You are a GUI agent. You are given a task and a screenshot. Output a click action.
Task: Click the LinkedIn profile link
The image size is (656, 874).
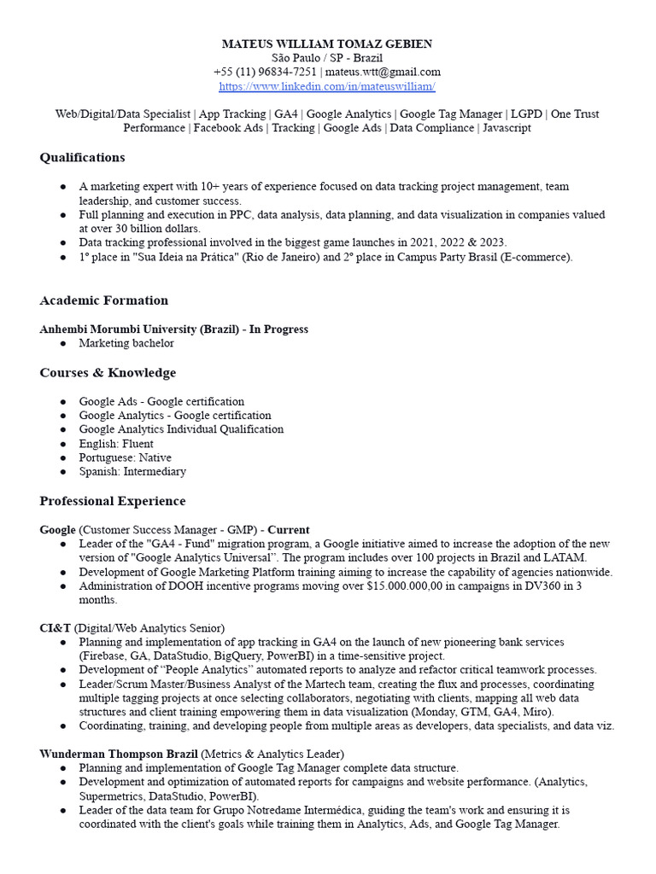tap(327, 86)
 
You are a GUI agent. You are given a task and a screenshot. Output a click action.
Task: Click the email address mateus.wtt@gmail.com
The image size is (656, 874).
tap(384, 72)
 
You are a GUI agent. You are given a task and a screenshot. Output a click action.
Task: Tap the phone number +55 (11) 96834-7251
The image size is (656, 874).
tap(265, 72)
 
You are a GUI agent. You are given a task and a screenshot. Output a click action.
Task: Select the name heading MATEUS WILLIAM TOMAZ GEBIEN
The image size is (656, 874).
tap(327, 44)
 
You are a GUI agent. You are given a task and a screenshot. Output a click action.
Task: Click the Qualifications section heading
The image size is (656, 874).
tap(82, 157)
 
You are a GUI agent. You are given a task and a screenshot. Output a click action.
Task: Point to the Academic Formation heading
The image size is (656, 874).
tap(103, 300)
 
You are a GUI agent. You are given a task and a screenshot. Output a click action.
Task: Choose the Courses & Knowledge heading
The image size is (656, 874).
tap(108, 373)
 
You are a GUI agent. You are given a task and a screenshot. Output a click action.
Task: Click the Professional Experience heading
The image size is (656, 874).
tap(112, 501)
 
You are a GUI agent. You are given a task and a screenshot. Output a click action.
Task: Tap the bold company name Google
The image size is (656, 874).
tap(58, 530)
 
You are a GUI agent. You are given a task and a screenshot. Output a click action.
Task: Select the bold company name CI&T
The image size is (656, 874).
tap(56, 627)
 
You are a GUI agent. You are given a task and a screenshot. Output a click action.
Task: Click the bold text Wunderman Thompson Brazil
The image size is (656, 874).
tap(119, 754)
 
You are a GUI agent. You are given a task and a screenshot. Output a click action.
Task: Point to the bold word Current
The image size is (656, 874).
tap(289, 530)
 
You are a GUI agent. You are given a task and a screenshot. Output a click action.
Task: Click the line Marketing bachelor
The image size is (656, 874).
tap(126, 343)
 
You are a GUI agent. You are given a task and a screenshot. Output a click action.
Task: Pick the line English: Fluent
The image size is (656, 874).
tap(116, 444)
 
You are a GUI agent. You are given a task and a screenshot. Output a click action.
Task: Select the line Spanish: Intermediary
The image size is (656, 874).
tap(132, 471)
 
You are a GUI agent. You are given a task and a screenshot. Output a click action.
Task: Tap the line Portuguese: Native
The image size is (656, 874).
tap(126, 457)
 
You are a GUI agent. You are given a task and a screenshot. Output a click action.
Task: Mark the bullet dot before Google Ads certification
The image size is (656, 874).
tap(64, 401)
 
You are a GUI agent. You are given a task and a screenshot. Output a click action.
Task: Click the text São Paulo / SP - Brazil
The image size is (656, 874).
tap(327, 57)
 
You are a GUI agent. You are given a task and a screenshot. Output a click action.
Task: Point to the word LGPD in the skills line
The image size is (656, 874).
tap(527, 114)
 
